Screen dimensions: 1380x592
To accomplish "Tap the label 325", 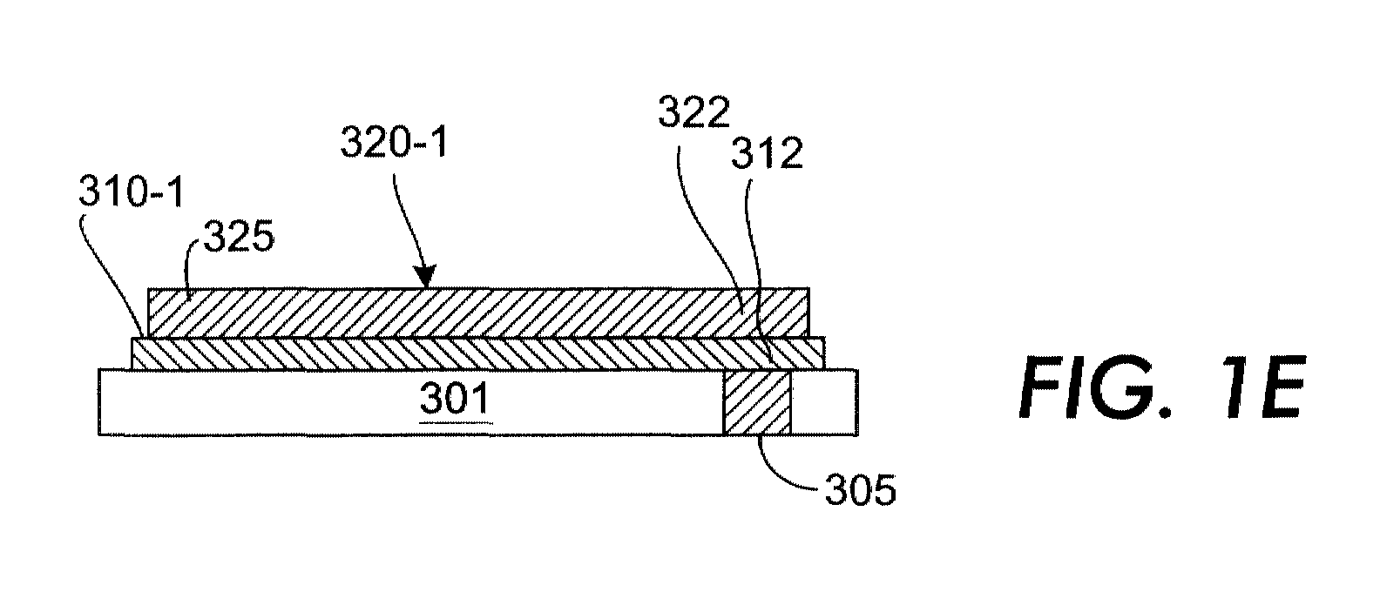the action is (239, 237).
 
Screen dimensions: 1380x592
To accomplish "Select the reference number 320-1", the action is (395, 142).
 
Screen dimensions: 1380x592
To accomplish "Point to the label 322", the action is (693, 112).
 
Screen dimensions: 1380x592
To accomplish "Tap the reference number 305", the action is (860, 490).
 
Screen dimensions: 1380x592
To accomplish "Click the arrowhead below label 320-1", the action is (425, 276).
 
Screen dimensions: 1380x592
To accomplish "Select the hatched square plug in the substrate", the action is (757, 402).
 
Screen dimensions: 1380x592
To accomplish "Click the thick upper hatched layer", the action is (478, 313).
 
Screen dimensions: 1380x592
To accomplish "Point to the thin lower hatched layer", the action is (478, 353).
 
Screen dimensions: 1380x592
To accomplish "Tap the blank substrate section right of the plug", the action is (824, 402).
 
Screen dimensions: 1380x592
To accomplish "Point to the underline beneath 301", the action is (456, 423).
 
